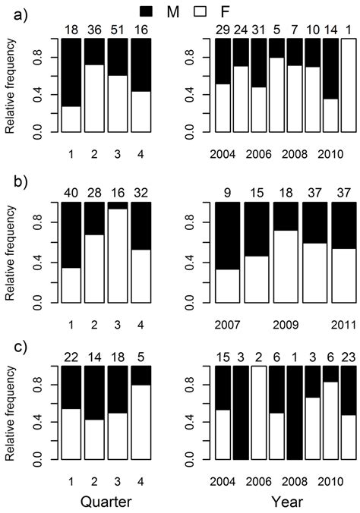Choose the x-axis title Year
(289, 501)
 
